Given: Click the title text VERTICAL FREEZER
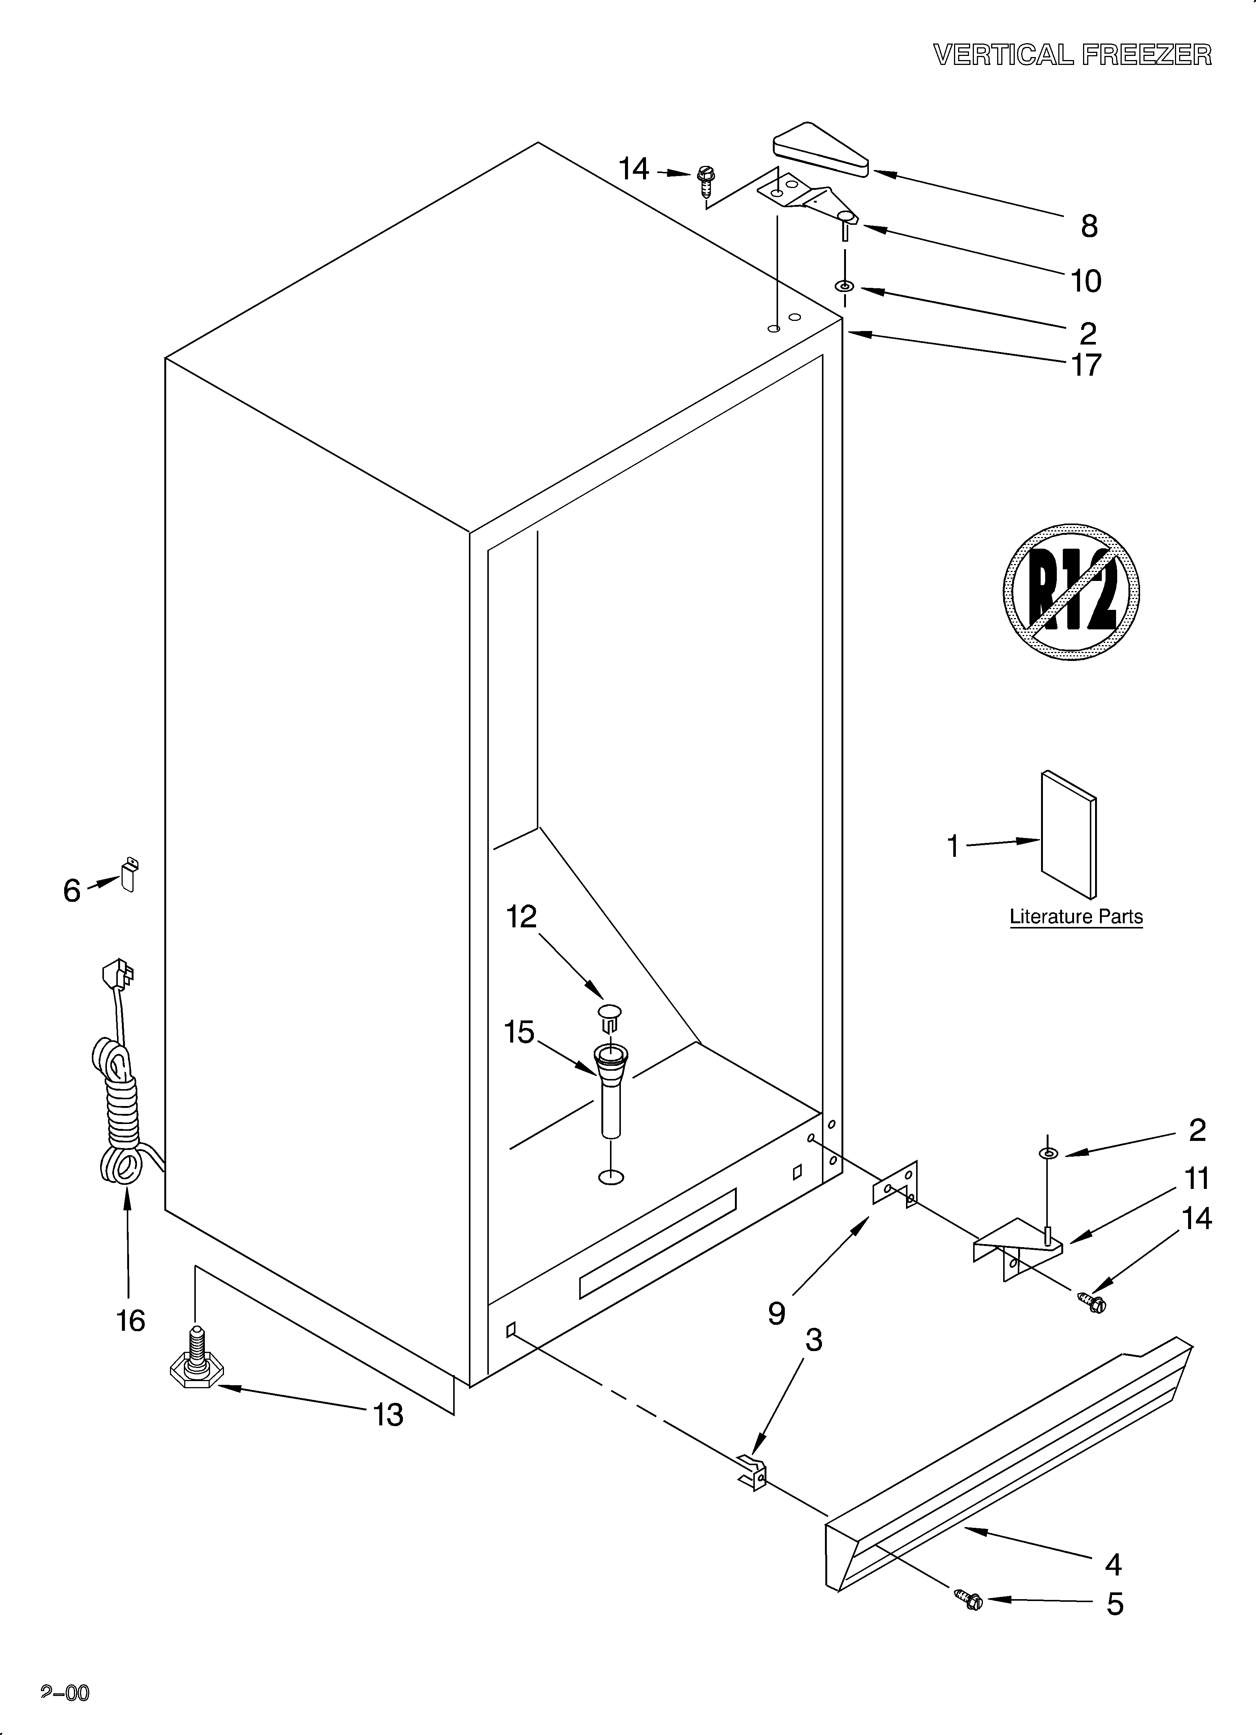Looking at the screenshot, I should (1073, 55).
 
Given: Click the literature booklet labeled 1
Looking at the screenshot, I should (1068, 835).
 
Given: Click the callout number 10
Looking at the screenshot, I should (1085, 281).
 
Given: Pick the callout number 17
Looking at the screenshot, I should (1085, 366).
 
